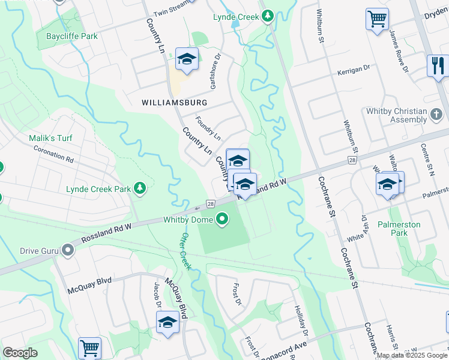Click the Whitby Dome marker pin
pos(223,220)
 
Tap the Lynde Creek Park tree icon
pos(140,189)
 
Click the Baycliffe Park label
pos(71,36)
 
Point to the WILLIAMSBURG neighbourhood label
pos(175,103)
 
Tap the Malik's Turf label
pos(50,138)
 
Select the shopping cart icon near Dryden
pos(377,19)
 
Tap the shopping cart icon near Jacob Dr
pos(89,347)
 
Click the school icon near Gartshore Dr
pos(187,59)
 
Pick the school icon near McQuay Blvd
pos(167,323)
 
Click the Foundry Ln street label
pos(209,129)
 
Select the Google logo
pos(20,353)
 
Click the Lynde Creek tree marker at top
pos(267,16)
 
